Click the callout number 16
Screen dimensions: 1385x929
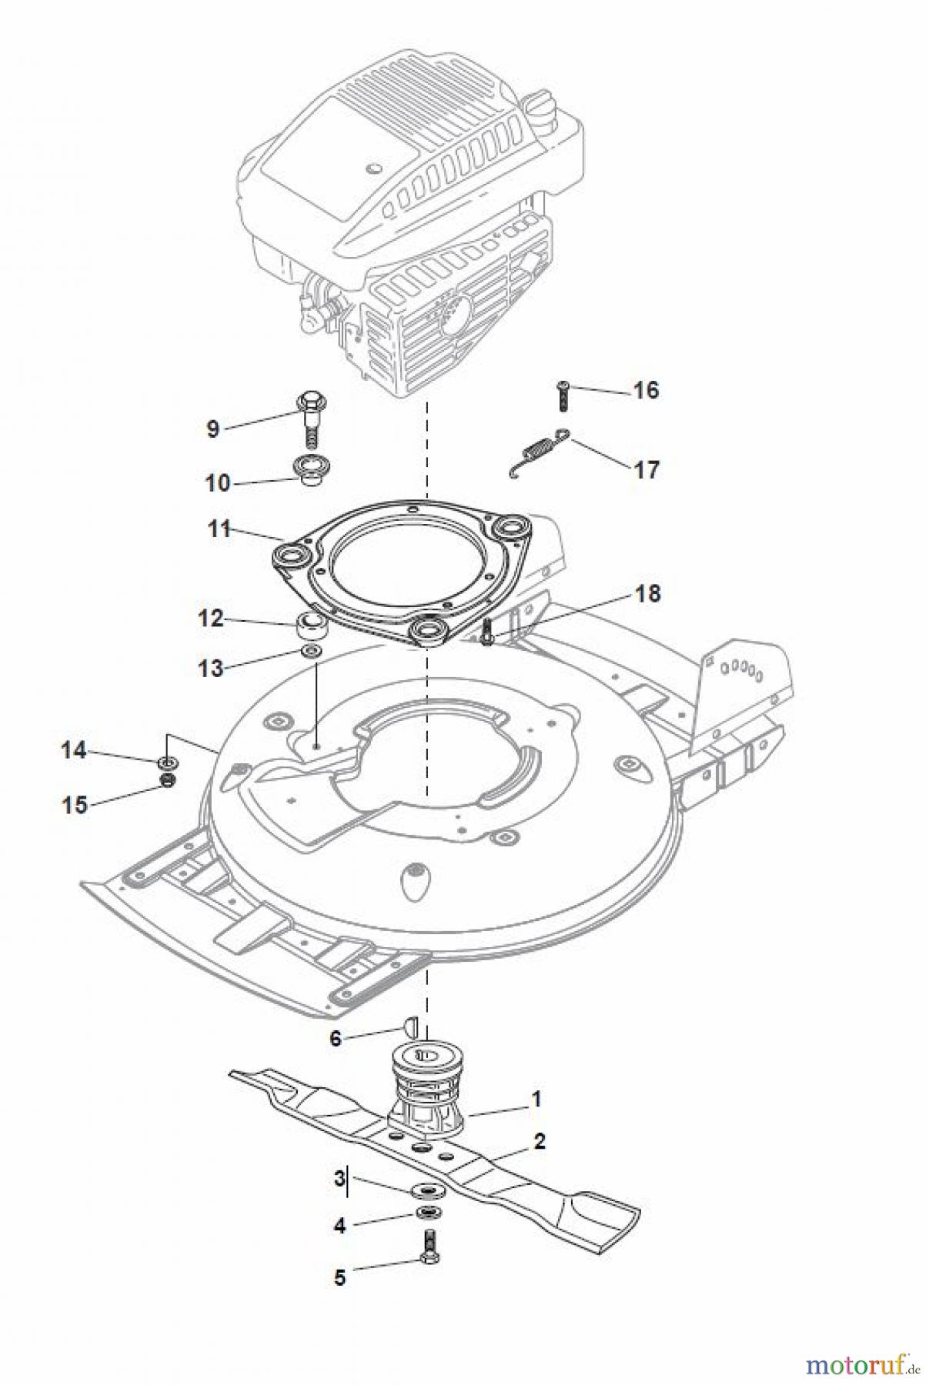click(x=646, y=390)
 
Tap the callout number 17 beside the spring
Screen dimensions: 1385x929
click(x=647, y=469)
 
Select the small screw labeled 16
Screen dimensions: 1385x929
click(x=562, y=395)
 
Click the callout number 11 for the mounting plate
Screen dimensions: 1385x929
click(x=219, y=529)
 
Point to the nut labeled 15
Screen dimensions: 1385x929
click(x=165, y=781)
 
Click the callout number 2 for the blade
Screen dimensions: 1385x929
click(x=539, y=1141)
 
